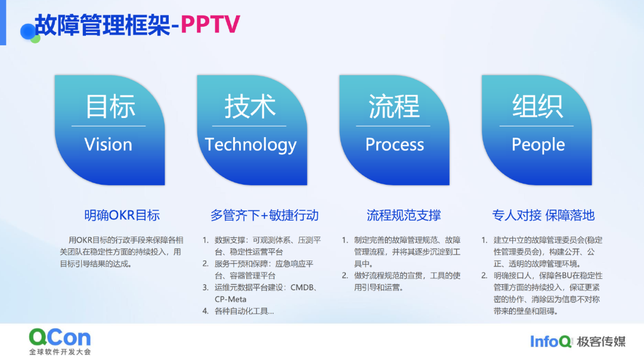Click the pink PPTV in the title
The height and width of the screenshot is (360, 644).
tap(210, 24)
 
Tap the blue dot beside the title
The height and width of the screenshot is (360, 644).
tap(28, 32)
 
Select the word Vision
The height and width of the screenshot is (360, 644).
tap(109, 144)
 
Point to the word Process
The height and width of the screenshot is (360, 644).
tap(395, 144)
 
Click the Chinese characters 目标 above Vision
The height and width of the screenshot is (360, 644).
tap(110, 106)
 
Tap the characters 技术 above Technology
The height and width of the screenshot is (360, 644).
tap(250, 106)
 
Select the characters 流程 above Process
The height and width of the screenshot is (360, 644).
tap(394, 106)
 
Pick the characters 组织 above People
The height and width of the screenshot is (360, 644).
tap(537, 106)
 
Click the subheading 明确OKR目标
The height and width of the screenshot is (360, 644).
tap(122, 215)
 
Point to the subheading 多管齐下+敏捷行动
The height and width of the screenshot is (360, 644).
tap(265, 215)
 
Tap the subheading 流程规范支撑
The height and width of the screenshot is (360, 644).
tap(404, 215)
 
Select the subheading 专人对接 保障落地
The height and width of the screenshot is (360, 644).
tap(543, 215)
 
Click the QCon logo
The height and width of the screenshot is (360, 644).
tap(60, 341)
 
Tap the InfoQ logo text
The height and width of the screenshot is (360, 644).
tap(551, 342)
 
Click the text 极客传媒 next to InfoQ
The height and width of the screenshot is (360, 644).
tap(601, 342)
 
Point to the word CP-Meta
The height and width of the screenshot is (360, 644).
tap(230, 299)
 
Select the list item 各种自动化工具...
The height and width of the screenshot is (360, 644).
tap(244, 311)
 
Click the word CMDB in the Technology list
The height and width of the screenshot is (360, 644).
tap(302, 287)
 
